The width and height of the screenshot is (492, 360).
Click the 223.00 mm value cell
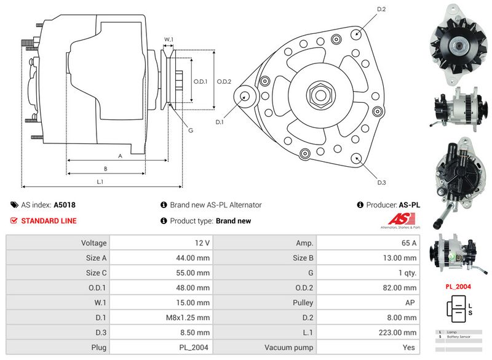click(370, 332)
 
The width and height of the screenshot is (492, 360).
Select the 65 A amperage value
click(370, 243)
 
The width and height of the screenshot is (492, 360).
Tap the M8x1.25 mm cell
click(163, 317)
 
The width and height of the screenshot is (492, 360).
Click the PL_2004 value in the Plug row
click(163, 347)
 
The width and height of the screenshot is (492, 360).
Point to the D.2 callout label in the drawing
click(381, 9)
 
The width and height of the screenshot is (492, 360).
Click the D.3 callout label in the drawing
click(381, 182)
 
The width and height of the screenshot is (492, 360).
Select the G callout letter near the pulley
click(191, 130)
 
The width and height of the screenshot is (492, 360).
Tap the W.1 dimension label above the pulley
click(169, 39)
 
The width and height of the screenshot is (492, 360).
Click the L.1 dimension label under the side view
click(100, 182)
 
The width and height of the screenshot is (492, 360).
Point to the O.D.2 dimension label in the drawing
click(224, 81)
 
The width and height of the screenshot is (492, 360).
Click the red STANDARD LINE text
click(49, 220)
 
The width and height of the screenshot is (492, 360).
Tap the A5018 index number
click(65, 205)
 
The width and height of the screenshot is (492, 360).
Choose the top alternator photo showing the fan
click(459, 43)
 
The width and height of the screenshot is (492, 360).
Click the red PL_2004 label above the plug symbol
click(459, 286)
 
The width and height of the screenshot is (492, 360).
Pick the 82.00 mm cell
click(370, 287)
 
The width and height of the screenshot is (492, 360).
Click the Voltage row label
click(93, 243)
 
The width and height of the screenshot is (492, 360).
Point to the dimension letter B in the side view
click(106, 168)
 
